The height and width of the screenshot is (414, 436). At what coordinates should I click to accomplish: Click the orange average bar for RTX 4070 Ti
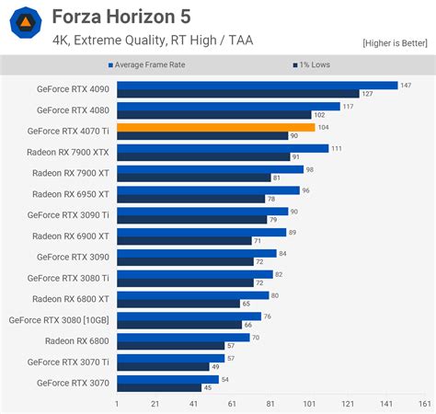pos(215,127)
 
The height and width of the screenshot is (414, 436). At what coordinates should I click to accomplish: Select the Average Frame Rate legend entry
pos(157,64)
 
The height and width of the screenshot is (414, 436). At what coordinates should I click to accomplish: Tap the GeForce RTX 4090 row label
pos(72,89)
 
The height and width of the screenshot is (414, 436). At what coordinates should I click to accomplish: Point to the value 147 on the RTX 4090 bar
pos(406,85)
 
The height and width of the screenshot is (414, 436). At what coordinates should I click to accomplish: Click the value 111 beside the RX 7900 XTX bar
pos(337,148)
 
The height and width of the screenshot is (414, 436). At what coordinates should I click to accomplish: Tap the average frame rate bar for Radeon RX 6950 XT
pos(208,190)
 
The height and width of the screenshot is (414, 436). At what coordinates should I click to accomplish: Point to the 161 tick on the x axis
pos(424,404)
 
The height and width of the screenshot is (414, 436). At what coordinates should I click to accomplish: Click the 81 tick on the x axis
pos(270,404)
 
